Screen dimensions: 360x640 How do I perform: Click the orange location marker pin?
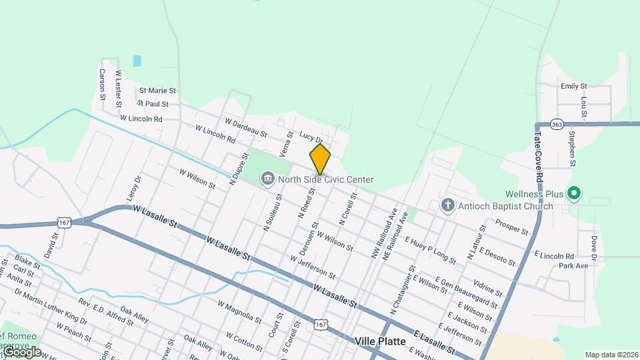click(x=320, y=159)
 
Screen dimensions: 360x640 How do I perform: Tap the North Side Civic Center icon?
click(x=267, y=179)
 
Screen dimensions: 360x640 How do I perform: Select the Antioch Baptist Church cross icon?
click(x=448, y=205)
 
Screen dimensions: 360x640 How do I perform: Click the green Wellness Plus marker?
click(x=574, y=194)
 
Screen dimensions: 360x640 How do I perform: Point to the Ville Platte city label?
click(x=380, y=341)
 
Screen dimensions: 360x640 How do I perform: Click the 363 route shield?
click(x=557, y=124)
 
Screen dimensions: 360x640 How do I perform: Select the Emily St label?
click(x=573, y=86)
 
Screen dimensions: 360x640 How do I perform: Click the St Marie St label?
click(x=157, y=90)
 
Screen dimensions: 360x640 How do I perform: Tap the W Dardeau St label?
click(x=246, y=127)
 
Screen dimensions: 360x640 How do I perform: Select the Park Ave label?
click(x=573, y=265)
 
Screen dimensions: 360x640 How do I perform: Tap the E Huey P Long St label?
click(x=430, y=250)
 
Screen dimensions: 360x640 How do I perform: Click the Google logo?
click(x=21, y=352)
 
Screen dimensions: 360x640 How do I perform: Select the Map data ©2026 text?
click(x=611, y=355)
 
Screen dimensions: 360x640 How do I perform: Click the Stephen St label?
click(x=572, y=149)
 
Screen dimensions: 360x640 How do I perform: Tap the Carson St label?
click(x=103, y=84)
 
